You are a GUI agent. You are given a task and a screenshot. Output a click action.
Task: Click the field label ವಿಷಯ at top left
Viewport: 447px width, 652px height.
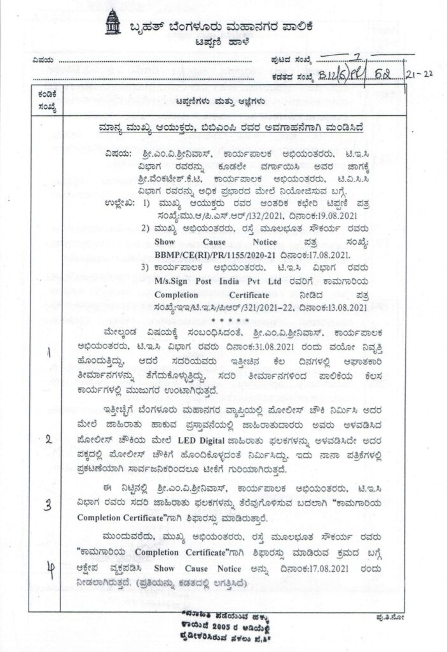[39, 61]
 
